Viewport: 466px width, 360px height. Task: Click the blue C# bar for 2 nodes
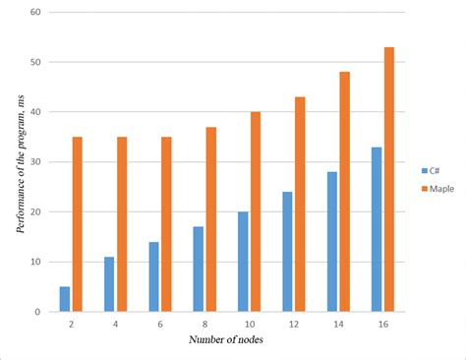coord(64,299)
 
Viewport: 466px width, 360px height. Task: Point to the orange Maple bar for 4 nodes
coord(122,224)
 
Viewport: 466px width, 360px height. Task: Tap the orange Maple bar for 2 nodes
coord(77,224)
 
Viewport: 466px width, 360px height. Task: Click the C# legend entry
coord(431,168)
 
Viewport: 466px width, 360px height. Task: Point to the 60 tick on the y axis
coord(35,13)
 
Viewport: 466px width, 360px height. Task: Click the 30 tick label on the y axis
coord(35,162)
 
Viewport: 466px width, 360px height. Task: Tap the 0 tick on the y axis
coord(38,312)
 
